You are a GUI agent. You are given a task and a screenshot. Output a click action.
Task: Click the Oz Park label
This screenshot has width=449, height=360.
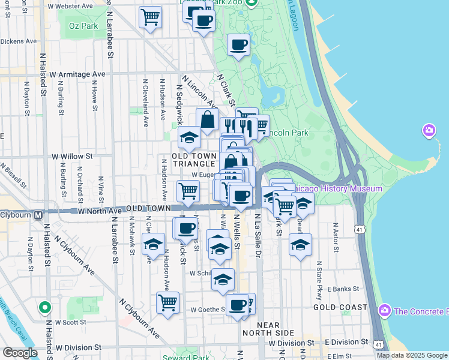[83, 26]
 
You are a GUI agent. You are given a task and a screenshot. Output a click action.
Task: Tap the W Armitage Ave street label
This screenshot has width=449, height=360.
[77, 74]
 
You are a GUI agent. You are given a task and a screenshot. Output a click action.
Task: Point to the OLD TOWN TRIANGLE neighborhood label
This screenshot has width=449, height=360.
[193, 160]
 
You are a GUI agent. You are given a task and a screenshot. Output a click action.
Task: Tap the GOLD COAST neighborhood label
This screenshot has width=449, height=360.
[340, 307]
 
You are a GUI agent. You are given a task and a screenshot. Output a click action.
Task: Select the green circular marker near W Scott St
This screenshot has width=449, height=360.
[44, 308]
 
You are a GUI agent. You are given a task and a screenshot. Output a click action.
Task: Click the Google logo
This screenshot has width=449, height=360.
[20, 353]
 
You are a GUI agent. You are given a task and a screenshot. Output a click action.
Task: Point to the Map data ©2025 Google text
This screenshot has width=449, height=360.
[412, 355]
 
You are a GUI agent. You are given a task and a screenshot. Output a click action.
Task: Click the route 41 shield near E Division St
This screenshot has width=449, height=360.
[378, 344]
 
